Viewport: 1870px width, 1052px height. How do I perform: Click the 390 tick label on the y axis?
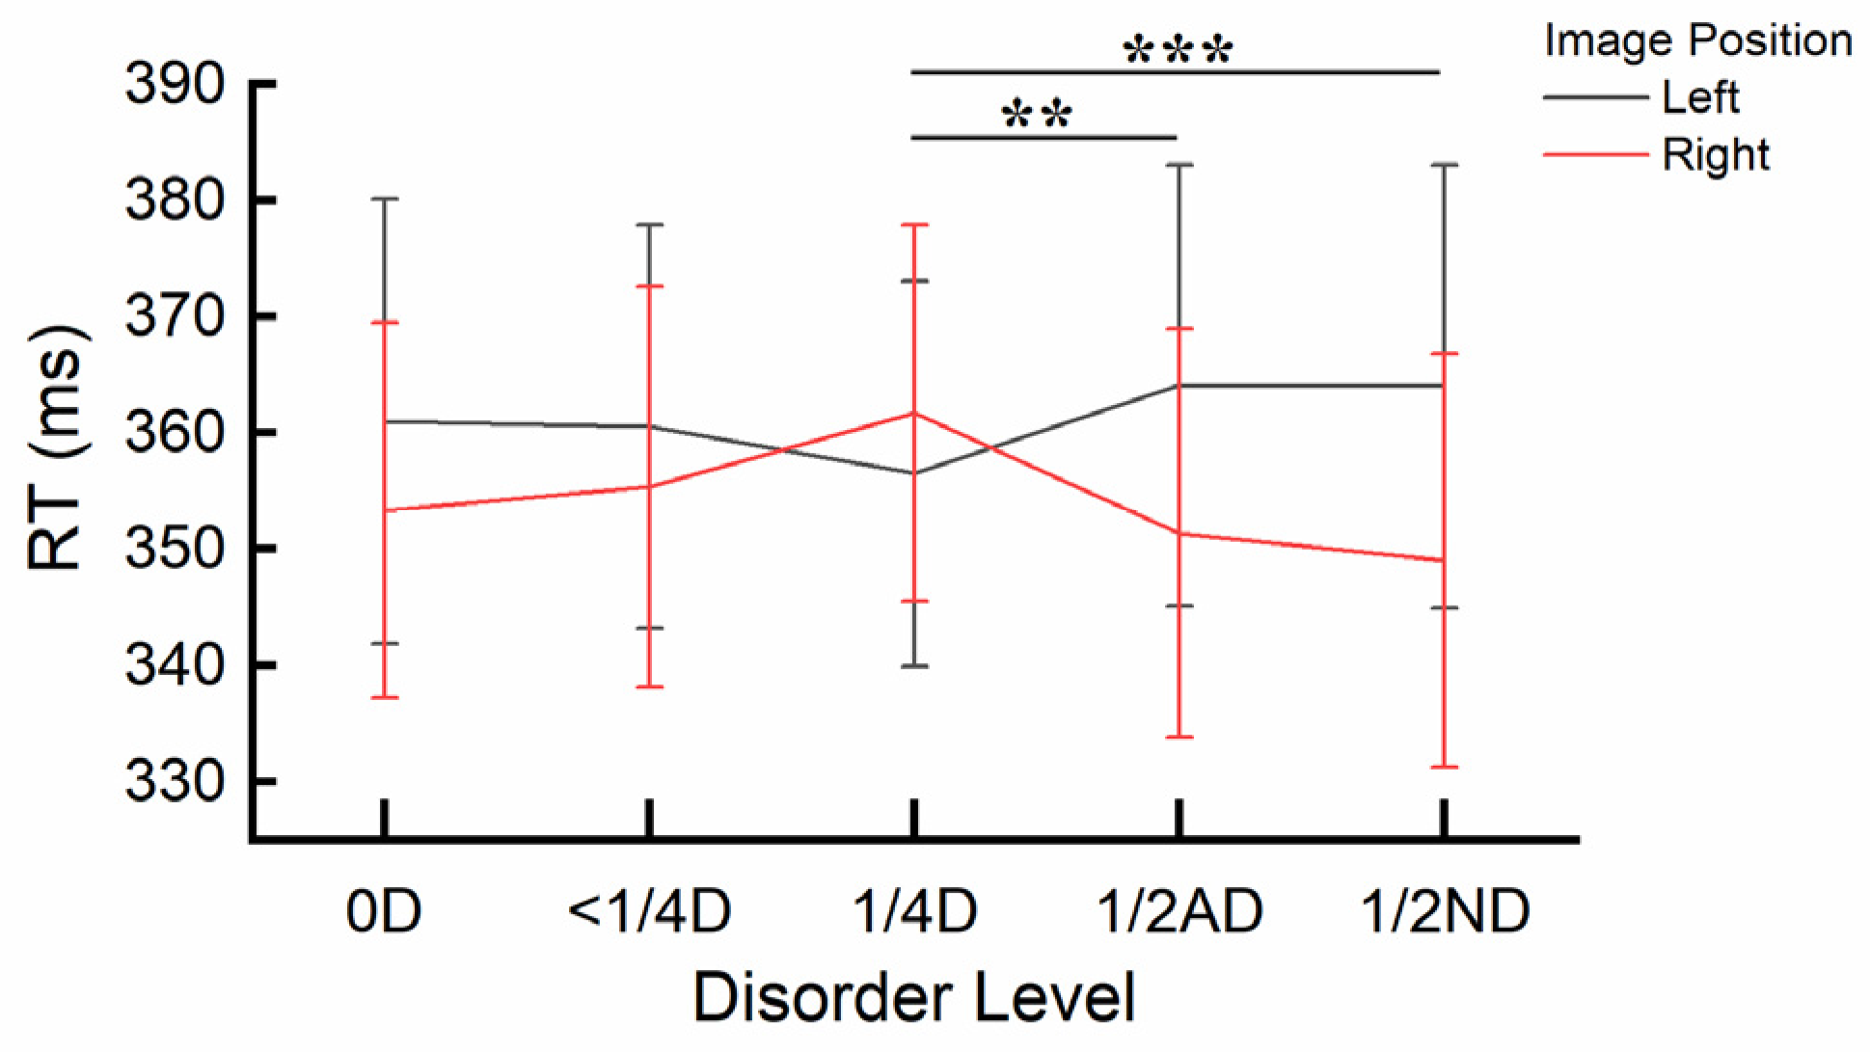(x=175, y=86)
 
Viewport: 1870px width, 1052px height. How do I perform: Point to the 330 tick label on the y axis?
(x=175, y=782)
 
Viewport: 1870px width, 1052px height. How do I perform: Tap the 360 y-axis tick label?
(x=175, y=433)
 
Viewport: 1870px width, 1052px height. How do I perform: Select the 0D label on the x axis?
(x=384, y=910)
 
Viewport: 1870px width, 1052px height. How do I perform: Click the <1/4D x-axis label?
(x=649, y=910)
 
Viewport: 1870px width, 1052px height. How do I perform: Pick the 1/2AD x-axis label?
(x=1179, y=910)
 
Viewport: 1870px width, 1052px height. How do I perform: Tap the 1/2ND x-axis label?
(x=1444, y=910)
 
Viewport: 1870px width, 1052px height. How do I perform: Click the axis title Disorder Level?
(x=913, y=997)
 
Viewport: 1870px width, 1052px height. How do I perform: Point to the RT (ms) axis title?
(x=58, y=449)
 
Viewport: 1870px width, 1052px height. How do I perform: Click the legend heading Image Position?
(x=1697, y=41)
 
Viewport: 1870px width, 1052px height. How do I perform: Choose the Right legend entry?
(x=1716, y=155)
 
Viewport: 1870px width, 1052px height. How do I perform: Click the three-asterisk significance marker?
(x=1178, y=50)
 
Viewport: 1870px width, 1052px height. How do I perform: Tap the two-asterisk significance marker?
(x=1037, y=117)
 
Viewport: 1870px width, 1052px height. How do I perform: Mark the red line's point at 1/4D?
(x=913, y=413)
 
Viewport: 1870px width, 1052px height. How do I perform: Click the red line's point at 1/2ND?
(x=1443, y=560)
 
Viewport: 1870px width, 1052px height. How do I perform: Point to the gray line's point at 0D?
(x=385, y=421)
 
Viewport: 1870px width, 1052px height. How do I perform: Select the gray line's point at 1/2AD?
(x=1179, y=386)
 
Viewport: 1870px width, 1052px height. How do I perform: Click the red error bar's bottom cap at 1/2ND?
(x=1443, y=767)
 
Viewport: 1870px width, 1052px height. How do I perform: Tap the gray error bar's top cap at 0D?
(x=385, y=199)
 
